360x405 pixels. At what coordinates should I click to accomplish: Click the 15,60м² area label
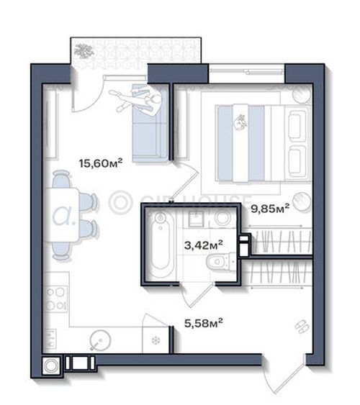[x=101, y=163]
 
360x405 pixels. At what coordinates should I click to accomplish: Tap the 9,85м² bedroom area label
[x=270, y=208]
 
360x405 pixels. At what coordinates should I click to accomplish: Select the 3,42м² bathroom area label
[x=204, y=245]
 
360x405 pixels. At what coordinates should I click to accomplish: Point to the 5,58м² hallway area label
[x=204, y=322]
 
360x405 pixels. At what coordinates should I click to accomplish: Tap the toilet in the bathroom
[x=221, y=261]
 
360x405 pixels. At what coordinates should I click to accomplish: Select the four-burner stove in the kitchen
[x=56, y=299]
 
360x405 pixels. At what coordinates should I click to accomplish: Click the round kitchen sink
[x=101, y=340]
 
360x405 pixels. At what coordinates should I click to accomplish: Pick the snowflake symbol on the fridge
[x=156, y=340]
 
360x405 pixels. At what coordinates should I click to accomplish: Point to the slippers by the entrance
[x=302, y=327]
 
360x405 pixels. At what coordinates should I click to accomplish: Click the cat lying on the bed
[x=240, y=122]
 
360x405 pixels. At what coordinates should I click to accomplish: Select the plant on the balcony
[x=84, y=50]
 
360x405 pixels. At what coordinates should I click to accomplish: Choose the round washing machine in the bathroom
[x=222, y=217]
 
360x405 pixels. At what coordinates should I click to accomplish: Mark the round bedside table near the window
[x=301, y=93]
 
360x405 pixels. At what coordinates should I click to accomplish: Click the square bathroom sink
[x=197, y=218]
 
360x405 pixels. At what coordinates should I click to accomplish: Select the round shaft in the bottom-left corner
[x=51, y=365]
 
